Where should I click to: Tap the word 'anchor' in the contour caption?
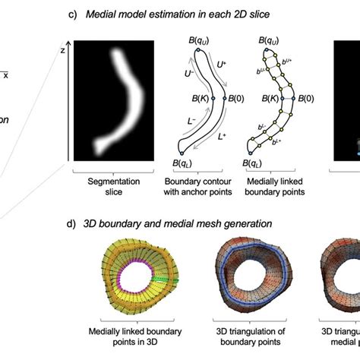tap(191, 193)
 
